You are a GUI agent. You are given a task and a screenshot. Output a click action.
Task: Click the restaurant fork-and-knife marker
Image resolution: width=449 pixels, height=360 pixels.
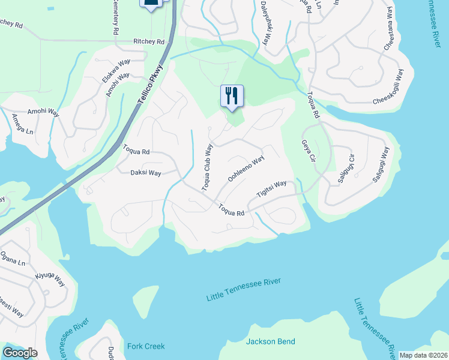pos(232,96)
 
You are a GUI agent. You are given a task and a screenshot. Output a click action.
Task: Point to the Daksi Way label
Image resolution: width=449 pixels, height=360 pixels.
pos(146,173)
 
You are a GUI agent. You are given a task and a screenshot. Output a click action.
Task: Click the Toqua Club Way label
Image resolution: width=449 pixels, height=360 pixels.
pos(207,167)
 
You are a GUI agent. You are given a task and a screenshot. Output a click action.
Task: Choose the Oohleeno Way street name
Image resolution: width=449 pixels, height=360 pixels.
pos(246,169)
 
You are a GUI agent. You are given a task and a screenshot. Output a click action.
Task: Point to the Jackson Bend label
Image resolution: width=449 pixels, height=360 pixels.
pos(271,341)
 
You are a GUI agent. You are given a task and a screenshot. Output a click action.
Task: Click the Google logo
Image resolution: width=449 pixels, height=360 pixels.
pos(20,353)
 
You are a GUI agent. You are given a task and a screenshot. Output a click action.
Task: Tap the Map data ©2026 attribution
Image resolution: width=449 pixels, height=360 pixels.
pos(423,355)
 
